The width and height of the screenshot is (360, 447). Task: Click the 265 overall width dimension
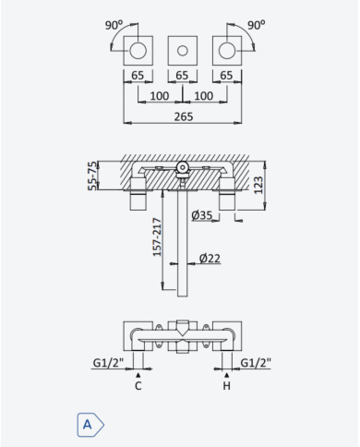pyautogui.click(x=184, y=116)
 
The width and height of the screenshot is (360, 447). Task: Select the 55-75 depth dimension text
pyautogui.click(x=92, y=175)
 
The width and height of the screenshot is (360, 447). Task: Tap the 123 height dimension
pyautogui.click(x=258, y=185)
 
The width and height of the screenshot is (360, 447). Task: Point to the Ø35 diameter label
pyautogui.click(x=202, y=215)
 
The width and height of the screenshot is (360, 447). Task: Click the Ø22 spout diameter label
pyautogui.click(x=210, y=258)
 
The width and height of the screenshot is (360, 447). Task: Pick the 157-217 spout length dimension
pyautogui.click(x=157, y=237)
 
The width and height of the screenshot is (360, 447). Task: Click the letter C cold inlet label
pyautogui.click(x=138, y=386)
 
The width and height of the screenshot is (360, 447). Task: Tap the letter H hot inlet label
pyautogui.click(x=226, y=386)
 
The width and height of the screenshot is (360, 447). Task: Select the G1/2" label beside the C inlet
pyautogui.click(x=108, y=363)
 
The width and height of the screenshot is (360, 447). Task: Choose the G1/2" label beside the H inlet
pyautogui.click(x=256, y=363)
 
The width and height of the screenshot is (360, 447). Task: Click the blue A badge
pyautogui.click(x=90, y=425)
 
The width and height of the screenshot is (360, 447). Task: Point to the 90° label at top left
pyautogui.click(x=114, y=25)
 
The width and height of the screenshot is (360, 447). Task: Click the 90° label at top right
pyautogui.click(x=257, y=25)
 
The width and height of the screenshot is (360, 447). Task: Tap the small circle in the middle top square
pyautogui.click(x=183, y=51)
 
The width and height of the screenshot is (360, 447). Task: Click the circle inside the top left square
pyautogui.click(x=138, y=51)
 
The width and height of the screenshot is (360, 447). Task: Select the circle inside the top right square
pyautogui.click(x=227, y=51)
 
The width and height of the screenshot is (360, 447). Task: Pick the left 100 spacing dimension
pyautogui.click(x=160, y=96)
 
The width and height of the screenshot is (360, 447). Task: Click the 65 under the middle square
pyautogui.click(x=182, y=76)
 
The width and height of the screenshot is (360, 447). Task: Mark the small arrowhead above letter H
pyautogui.click(x=227, y=375)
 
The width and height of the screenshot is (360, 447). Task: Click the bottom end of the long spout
pyautogui.click(x=183, y=296)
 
